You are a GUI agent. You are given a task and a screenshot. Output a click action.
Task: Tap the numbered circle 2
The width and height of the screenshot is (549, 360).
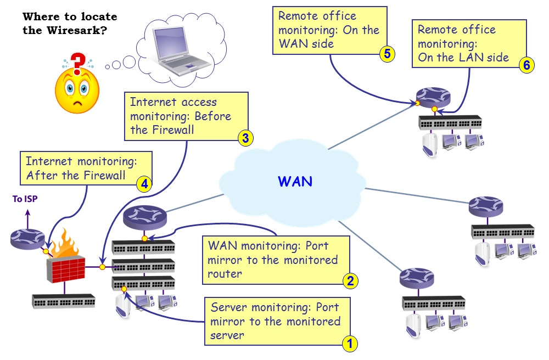pos(351,281)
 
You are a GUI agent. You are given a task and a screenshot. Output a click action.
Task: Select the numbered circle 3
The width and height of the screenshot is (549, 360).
pos(245,138)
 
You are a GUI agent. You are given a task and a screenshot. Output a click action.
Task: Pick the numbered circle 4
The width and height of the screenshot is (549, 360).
pos(144,183)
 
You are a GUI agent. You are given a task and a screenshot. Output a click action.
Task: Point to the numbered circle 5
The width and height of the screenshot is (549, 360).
pos(387,53)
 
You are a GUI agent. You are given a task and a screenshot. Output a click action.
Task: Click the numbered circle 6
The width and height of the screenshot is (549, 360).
pos(526,65)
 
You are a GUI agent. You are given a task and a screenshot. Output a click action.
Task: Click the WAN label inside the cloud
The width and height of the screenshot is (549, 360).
pos(295,181)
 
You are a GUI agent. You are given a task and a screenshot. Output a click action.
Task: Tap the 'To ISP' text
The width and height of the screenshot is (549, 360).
pos(26,199)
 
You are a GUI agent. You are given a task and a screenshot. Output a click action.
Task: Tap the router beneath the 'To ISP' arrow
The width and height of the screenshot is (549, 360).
pos(27,238)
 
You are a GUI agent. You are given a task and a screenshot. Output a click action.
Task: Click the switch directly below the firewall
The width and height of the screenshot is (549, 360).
pos(64,301)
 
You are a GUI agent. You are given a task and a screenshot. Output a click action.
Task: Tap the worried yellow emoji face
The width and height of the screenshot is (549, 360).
pos(77,91)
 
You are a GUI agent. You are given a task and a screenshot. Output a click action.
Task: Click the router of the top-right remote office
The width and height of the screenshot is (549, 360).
pos(433,97)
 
